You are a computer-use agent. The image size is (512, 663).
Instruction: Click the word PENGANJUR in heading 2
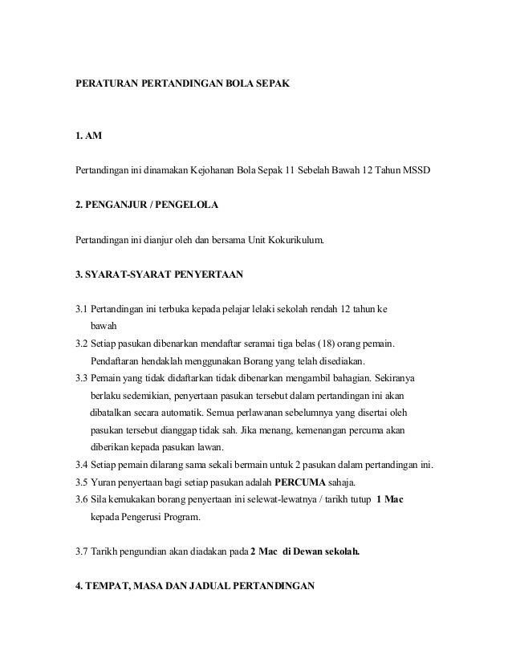tap(120, 205)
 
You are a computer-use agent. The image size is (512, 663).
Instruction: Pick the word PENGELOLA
tap(187, 205)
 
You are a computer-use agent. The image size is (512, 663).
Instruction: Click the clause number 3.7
tap(81, 551)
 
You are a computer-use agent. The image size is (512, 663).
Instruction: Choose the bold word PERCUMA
tap(299, 483)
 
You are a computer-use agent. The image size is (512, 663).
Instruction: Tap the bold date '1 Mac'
tap(390, 500)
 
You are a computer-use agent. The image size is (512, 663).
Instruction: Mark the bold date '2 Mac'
tap(267, 551)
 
